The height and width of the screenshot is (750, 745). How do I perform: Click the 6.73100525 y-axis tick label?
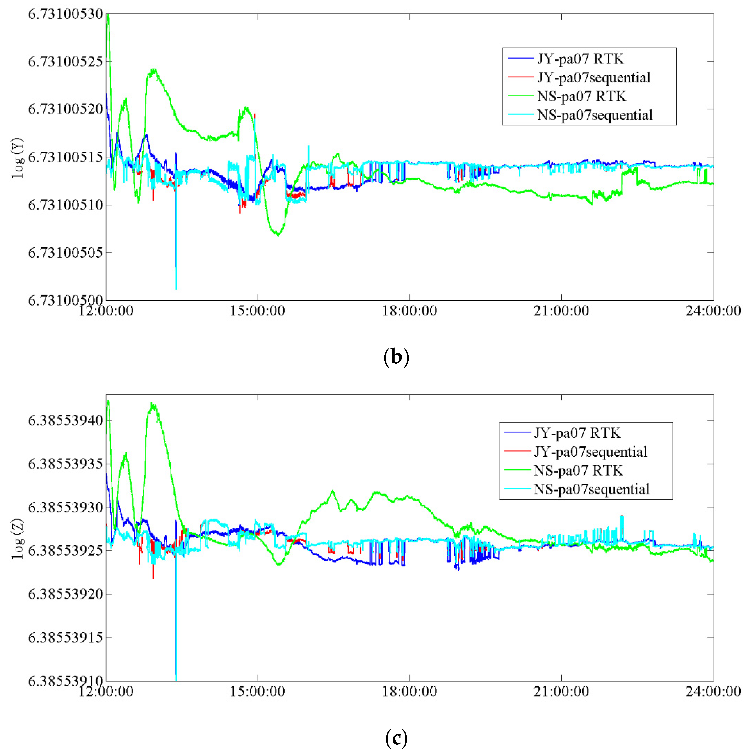pyautogui.click(x=65, y=61)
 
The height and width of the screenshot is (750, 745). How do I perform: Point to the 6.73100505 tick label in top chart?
pyautogui.click(x=65, y=252)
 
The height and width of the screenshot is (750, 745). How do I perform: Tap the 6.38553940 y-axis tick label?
pyautogui.click(x=65, y=420)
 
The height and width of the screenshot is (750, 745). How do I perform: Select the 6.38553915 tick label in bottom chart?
pyautogui.click(x=65, y=637)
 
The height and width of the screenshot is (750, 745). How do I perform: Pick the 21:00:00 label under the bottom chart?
pyautogui.click(x=561, y=691)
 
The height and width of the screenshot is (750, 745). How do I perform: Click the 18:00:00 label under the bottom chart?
pyautogui.click(x=409, y=691)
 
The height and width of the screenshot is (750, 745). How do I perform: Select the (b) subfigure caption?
pyautogui.click(x=396, y=356)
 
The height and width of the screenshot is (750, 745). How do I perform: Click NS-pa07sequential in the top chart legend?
pyautogui.click(x=595, y=115)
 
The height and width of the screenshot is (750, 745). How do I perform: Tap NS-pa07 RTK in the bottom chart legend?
pyautogui.click(x=578, y=470)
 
